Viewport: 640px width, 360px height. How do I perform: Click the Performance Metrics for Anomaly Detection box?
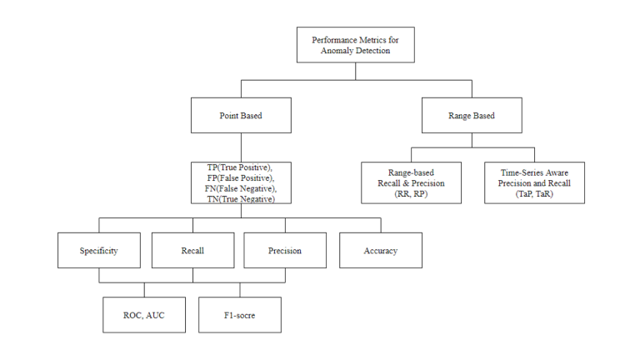(356, 45)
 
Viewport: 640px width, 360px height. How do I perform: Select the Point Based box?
(241, 116)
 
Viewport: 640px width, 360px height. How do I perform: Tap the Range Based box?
(472, 116)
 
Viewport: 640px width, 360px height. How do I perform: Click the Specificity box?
(98, 250)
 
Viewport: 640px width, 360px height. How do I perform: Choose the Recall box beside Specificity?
(192, 250)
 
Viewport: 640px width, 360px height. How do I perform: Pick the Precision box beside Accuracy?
(285, 250)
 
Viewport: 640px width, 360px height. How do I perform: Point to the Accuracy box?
(380, 250)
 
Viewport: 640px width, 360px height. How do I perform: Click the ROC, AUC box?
(144, 315)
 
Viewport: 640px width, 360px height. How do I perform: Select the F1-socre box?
(240, 315)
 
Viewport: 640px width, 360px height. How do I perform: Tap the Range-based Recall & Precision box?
(411, 182)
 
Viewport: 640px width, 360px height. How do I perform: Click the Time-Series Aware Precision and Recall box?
(534, 182)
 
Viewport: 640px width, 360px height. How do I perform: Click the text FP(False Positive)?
(240, 177)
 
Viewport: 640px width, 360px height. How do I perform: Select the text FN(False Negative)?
(240, 188)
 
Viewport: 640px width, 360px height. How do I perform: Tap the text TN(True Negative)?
(240, 199)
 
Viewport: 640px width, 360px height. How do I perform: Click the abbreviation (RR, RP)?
(411, 193)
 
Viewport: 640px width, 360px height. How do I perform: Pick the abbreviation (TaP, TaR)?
(534, 193)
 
